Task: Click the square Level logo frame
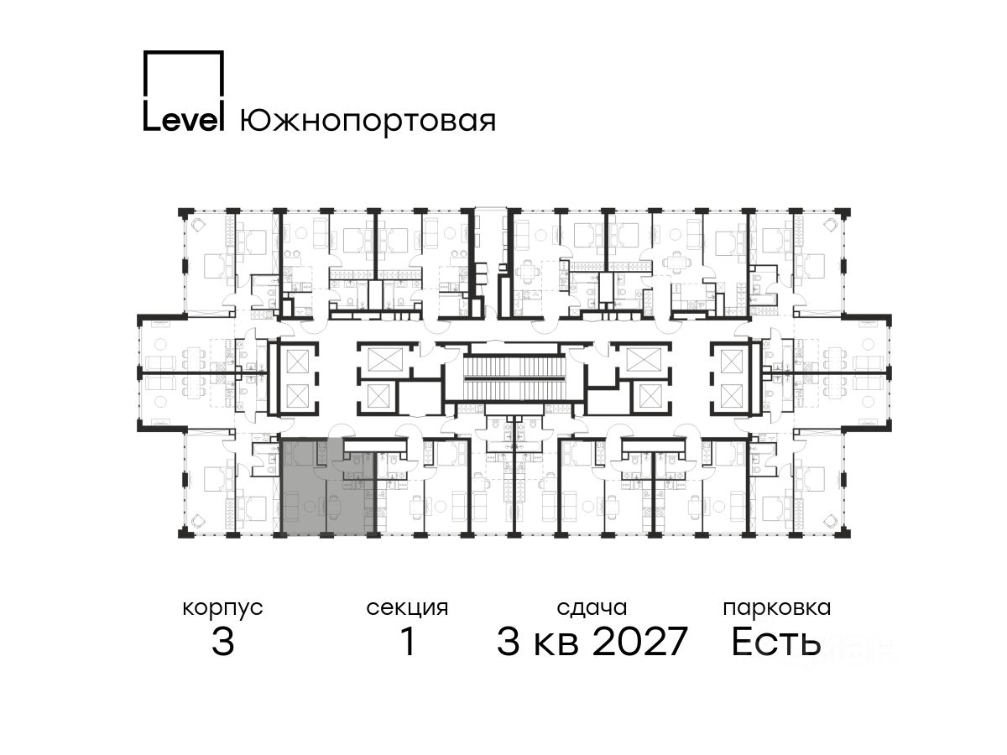tap(223, 73)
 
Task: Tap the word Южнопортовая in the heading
tap(368, 122)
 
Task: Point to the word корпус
tap(222, 609)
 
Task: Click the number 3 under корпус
tap(223, 641)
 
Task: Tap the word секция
tap(407, 609)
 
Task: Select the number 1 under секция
tap(408, 641)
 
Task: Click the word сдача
tap(592, 608)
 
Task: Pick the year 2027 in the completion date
tap(640, 641)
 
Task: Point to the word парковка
tap(777, 609)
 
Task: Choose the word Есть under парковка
tap(775, 642)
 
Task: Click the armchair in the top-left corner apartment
tap(198, 226)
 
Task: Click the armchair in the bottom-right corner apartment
tap(831, 520)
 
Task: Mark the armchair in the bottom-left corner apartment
tap(198, 520)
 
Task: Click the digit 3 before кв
tap(509, 641)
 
